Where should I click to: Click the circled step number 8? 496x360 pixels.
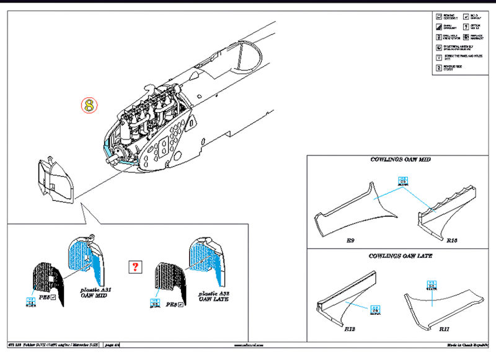tap(90, 105)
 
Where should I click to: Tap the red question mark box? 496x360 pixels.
tap(135, 268)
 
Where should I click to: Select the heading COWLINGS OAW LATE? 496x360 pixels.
tap(400, 256)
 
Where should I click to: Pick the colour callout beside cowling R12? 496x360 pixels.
tap(374, 309)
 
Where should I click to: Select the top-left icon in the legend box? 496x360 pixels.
tap(440, 15)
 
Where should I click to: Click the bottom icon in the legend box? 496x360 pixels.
tap(440, 67)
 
